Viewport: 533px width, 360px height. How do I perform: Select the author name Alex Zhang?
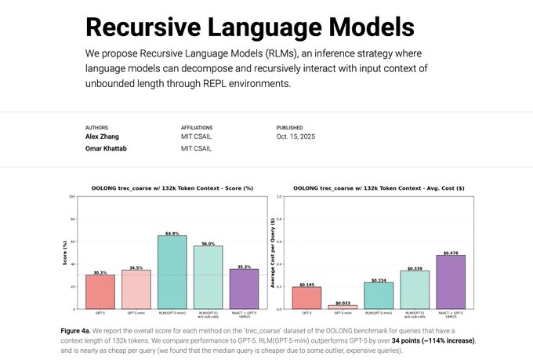(x=102, y=136)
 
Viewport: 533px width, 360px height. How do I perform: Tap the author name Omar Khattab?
(x=106, y=148)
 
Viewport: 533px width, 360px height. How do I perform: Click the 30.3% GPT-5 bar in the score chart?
(x=100, y=291)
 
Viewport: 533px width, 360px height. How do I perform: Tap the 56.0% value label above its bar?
(x=208, y=243)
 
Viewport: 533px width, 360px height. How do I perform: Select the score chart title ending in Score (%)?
(x=172, y=188)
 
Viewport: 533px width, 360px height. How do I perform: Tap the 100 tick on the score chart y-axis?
(x=74, y=197)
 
